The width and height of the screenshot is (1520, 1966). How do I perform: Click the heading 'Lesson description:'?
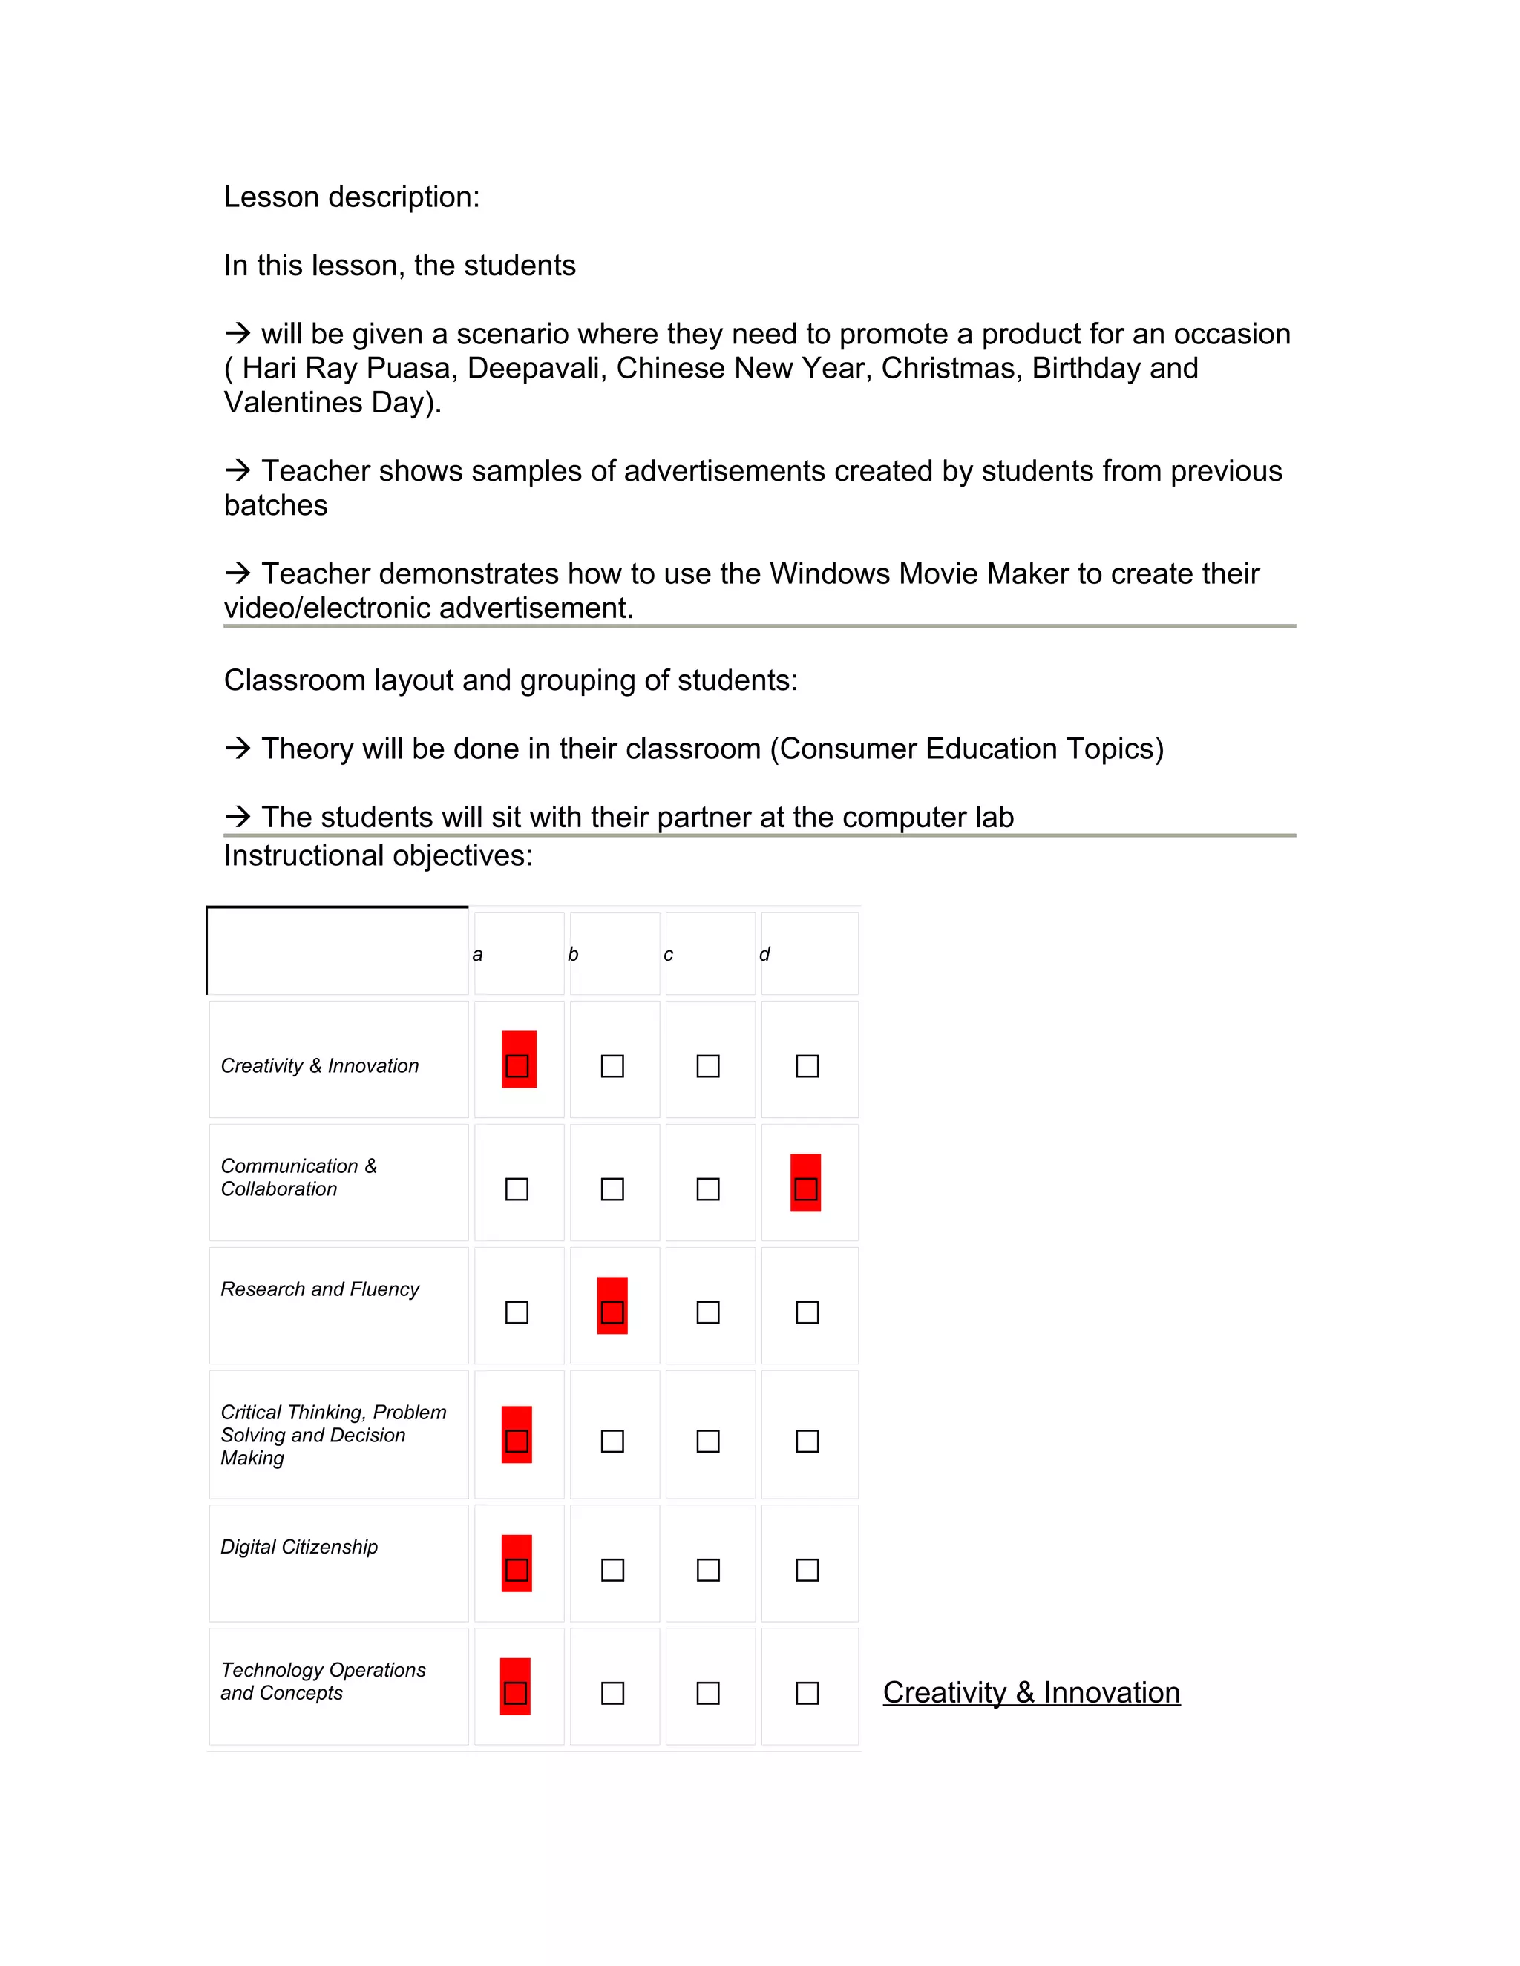351,197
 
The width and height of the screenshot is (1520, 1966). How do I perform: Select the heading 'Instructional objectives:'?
379,855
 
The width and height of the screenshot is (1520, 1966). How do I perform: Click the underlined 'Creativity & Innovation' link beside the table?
1031,1692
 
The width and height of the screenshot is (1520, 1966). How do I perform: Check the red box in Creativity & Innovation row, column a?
518,1066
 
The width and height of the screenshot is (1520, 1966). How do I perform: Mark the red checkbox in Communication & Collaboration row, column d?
806,1189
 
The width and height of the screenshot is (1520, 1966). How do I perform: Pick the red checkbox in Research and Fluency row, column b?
612,1312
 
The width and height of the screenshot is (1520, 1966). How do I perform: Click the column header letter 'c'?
668,954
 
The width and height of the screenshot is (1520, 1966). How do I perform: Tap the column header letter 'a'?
477,954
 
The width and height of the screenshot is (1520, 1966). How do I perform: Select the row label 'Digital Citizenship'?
299,1547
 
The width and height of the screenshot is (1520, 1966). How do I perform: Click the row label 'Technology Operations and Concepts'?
322,1680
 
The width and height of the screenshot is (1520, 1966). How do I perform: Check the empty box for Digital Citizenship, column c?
709,1570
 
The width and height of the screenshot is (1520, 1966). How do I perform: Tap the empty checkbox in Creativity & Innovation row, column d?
807,1066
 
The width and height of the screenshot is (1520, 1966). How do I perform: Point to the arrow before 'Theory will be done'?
237,748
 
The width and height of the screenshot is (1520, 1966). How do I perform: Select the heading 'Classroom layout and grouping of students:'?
511,680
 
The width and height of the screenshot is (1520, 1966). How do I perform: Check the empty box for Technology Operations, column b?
612,1693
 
